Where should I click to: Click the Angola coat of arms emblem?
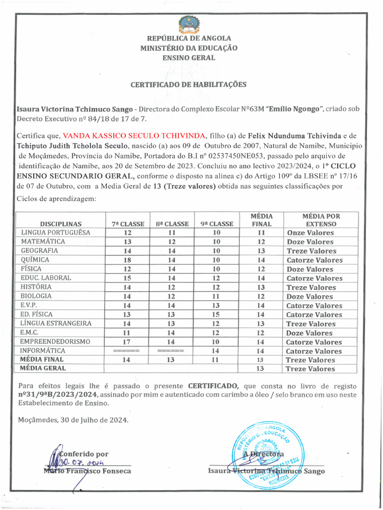click(189, 24)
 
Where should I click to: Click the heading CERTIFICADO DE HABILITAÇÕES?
click(189, 85)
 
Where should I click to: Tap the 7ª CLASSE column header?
click(128, 224)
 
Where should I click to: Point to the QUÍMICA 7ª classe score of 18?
click(128, 260)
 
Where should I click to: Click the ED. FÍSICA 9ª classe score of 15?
click(216, 315)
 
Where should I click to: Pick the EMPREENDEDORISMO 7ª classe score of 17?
click(128, 342)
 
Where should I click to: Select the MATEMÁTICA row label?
click(43, 242)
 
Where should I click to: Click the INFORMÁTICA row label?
click(43, 351)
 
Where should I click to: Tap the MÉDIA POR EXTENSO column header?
click(321, 220)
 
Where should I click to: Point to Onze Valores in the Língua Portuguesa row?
click(310, 233)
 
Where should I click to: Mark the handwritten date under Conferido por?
click(80, 463)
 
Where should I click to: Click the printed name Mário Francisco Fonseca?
click(87, 471)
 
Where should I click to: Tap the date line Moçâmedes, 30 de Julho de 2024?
click(73, 420)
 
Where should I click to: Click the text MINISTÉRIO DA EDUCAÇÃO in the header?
click(189, 48)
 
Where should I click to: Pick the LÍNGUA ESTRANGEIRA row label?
click(56, 324)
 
